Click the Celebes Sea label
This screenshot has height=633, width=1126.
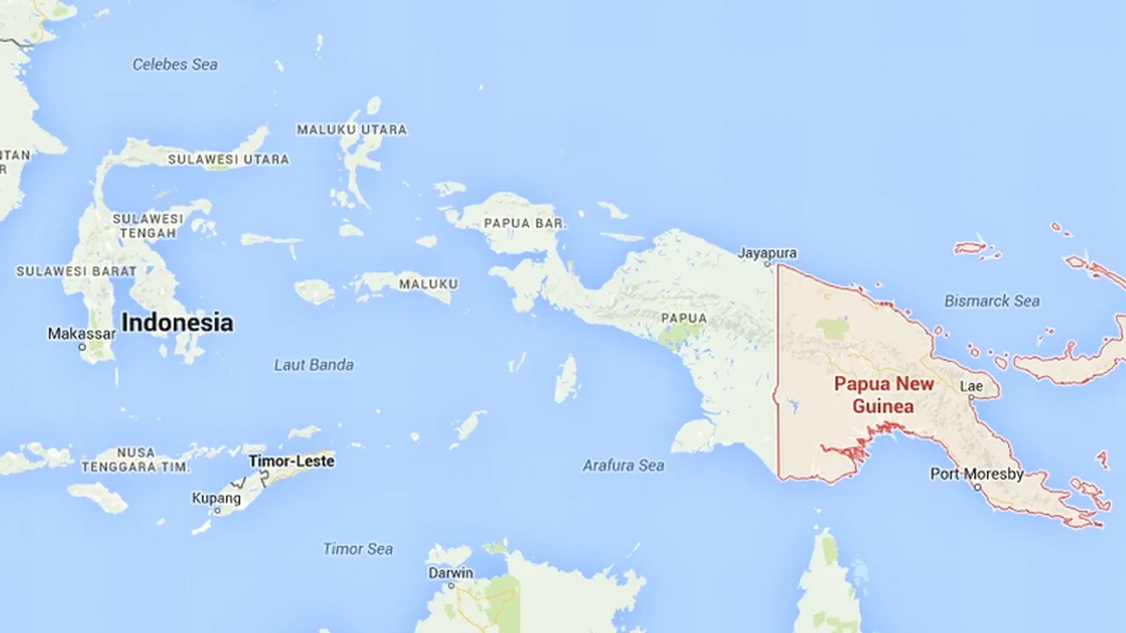point(174,64)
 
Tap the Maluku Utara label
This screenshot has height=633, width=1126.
point(351,129)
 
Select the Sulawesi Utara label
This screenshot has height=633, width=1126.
point(228,159)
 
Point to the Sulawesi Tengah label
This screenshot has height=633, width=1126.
point(148,225)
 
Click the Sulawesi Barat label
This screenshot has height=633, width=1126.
point(76,271)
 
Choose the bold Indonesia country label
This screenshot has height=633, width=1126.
point(177,323)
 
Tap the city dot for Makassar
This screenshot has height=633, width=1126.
point(82,347)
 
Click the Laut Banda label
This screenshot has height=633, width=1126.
point(313,365)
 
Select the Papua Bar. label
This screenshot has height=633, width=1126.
point(525,223)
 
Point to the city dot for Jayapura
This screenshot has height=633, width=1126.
point(767,264)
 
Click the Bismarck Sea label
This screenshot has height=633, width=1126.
point(991,301)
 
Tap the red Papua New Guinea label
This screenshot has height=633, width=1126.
point(883,395)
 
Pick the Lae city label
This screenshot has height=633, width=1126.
point(971,386)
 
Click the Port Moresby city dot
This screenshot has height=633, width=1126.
point(976,486)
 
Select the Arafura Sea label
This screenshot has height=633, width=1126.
point(623,465)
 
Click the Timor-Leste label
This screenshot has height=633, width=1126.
point(291,461)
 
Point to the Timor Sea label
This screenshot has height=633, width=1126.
point(357,549)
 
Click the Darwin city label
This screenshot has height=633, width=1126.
point(450,573)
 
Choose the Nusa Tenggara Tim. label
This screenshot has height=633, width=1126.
point(135,459)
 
